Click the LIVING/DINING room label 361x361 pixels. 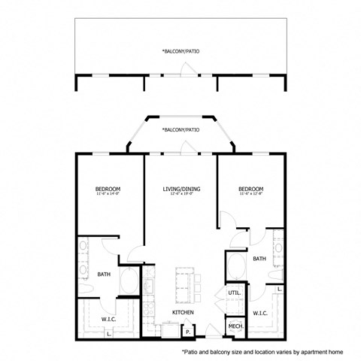click(x=180, y=189)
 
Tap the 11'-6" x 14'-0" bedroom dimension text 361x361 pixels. click(x=108, y=195)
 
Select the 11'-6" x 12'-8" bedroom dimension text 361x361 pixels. click(x=250, y=195)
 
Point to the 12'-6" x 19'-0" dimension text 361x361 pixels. click(x=180, y=195)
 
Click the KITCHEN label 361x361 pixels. click(x=184, y=312)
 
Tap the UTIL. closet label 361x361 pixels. click(x=234, y=292)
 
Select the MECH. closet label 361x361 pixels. click(x=234, y=326)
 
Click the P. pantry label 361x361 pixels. click(x=187, y=328)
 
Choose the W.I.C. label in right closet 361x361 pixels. click(x=260, y=313)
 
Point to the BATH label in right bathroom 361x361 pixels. click(x=259, y=259)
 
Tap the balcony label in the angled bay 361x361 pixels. click(x=180, y=129)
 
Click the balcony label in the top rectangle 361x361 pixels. click(x=180, y=51)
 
